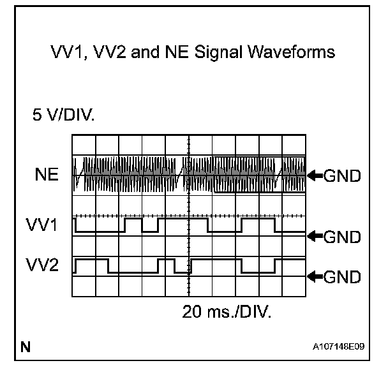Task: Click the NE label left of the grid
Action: [47, 175]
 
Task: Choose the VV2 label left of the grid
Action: [43, 265]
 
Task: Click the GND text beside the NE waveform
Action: [343, 176]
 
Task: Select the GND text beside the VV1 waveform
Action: [343, 237]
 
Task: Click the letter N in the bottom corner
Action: [26, 348]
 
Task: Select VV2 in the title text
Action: [110, 54]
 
